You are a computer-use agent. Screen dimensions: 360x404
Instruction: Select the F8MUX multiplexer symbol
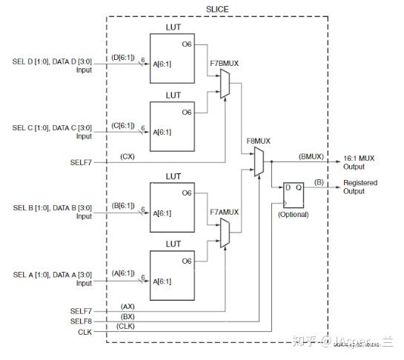click(257, 162)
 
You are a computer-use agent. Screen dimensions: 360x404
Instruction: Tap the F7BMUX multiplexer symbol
click(224, 89)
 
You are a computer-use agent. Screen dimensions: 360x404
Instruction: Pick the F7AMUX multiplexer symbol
click(224, 236)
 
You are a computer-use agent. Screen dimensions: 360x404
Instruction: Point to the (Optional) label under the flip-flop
click(293, 215)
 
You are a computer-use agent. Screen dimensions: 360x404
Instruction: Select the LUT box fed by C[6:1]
click(177, 127)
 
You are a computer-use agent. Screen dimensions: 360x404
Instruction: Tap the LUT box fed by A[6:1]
click(177, 275)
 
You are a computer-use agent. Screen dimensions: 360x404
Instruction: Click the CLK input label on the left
click(85, 331)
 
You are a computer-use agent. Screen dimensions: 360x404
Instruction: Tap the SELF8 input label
click(80, 320)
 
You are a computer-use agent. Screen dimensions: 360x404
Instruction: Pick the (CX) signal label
click(126, 156)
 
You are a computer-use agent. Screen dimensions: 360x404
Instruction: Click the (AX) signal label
click(127, 304)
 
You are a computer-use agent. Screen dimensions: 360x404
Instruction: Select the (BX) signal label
click(127, 315)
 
